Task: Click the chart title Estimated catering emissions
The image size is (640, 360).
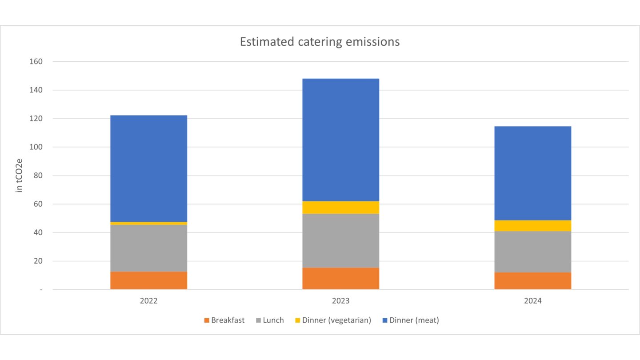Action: pyautogui.click(x=320, y=42)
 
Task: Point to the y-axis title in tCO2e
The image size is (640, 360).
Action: pyautogui.click(x=19, y=176)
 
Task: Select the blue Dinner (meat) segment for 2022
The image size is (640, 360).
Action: pyautogui.click(x=148, y=168)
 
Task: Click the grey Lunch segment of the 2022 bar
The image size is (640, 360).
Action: pyautogui.click(x=148, y=248)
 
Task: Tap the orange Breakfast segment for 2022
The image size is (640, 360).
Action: pyautogui.click(x=148, y=280)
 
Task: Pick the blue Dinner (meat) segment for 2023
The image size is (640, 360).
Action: pyautogui.click(x=340, y=140)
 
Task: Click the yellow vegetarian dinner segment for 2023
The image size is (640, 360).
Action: pyautogui.click(x=340, y=208)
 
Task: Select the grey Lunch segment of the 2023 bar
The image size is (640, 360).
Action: pyautogui.click(x=340, y=240)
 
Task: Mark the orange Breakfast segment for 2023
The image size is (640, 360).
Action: pyautogui.click(x=340, y=278)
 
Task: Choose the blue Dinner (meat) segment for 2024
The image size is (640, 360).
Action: pyautogui.click(x=532, y=173)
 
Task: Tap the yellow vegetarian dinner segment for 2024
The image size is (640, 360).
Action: pyautogui.click(x=532, y=226)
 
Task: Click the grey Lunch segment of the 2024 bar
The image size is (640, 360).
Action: pyautogui.click(x=532, y=252)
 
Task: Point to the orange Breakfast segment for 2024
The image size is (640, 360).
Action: pyautogui.click(x=532, y=280)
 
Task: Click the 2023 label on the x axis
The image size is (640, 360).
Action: pyautogui.click(x=340, y=301)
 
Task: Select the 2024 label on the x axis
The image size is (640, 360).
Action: pyautogui.click(x=532, y=301)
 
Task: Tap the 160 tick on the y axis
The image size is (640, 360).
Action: pyautogui.click(x=35, y=62)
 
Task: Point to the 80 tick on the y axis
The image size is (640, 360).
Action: pyautogui.click(x=37, y=176)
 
